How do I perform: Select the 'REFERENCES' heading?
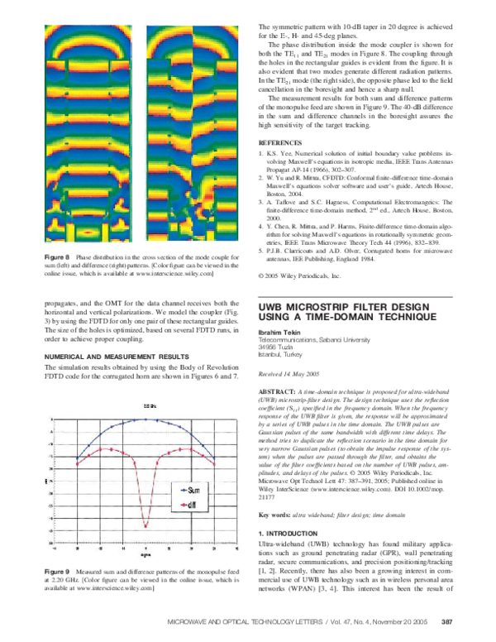click(279, 143)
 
